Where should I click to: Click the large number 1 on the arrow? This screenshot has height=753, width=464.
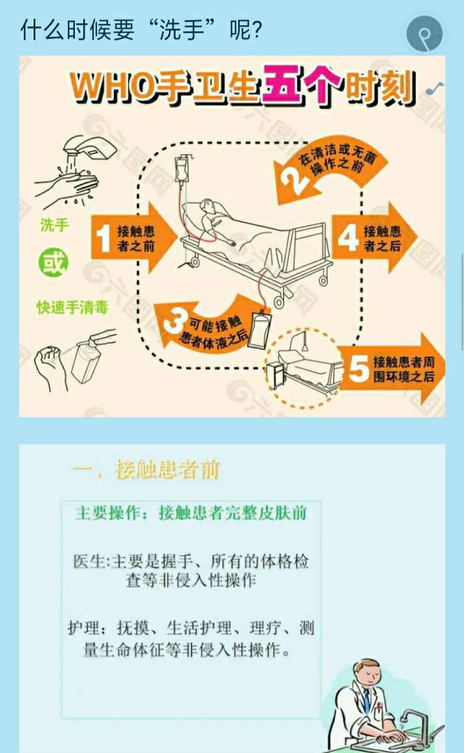(104, 238)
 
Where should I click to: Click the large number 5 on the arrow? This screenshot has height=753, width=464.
(358, 369)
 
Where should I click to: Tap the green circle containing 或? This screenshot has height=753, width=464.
(54, 263)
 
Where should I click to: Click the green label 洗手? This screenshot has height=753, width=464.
(54, 225)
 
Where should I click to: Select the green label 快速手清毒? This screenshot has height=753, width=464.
(72, 307)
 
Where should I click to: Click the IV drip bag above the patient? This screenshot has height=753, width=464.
(182, 169)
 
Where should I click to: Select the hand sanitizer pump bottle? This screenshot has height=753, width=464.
(90, 356)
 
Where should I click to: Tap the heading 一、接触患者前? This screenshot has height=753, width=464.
(146, 469)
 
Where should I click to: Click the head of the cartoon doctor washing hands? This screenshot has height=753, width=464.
(368, 674)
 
